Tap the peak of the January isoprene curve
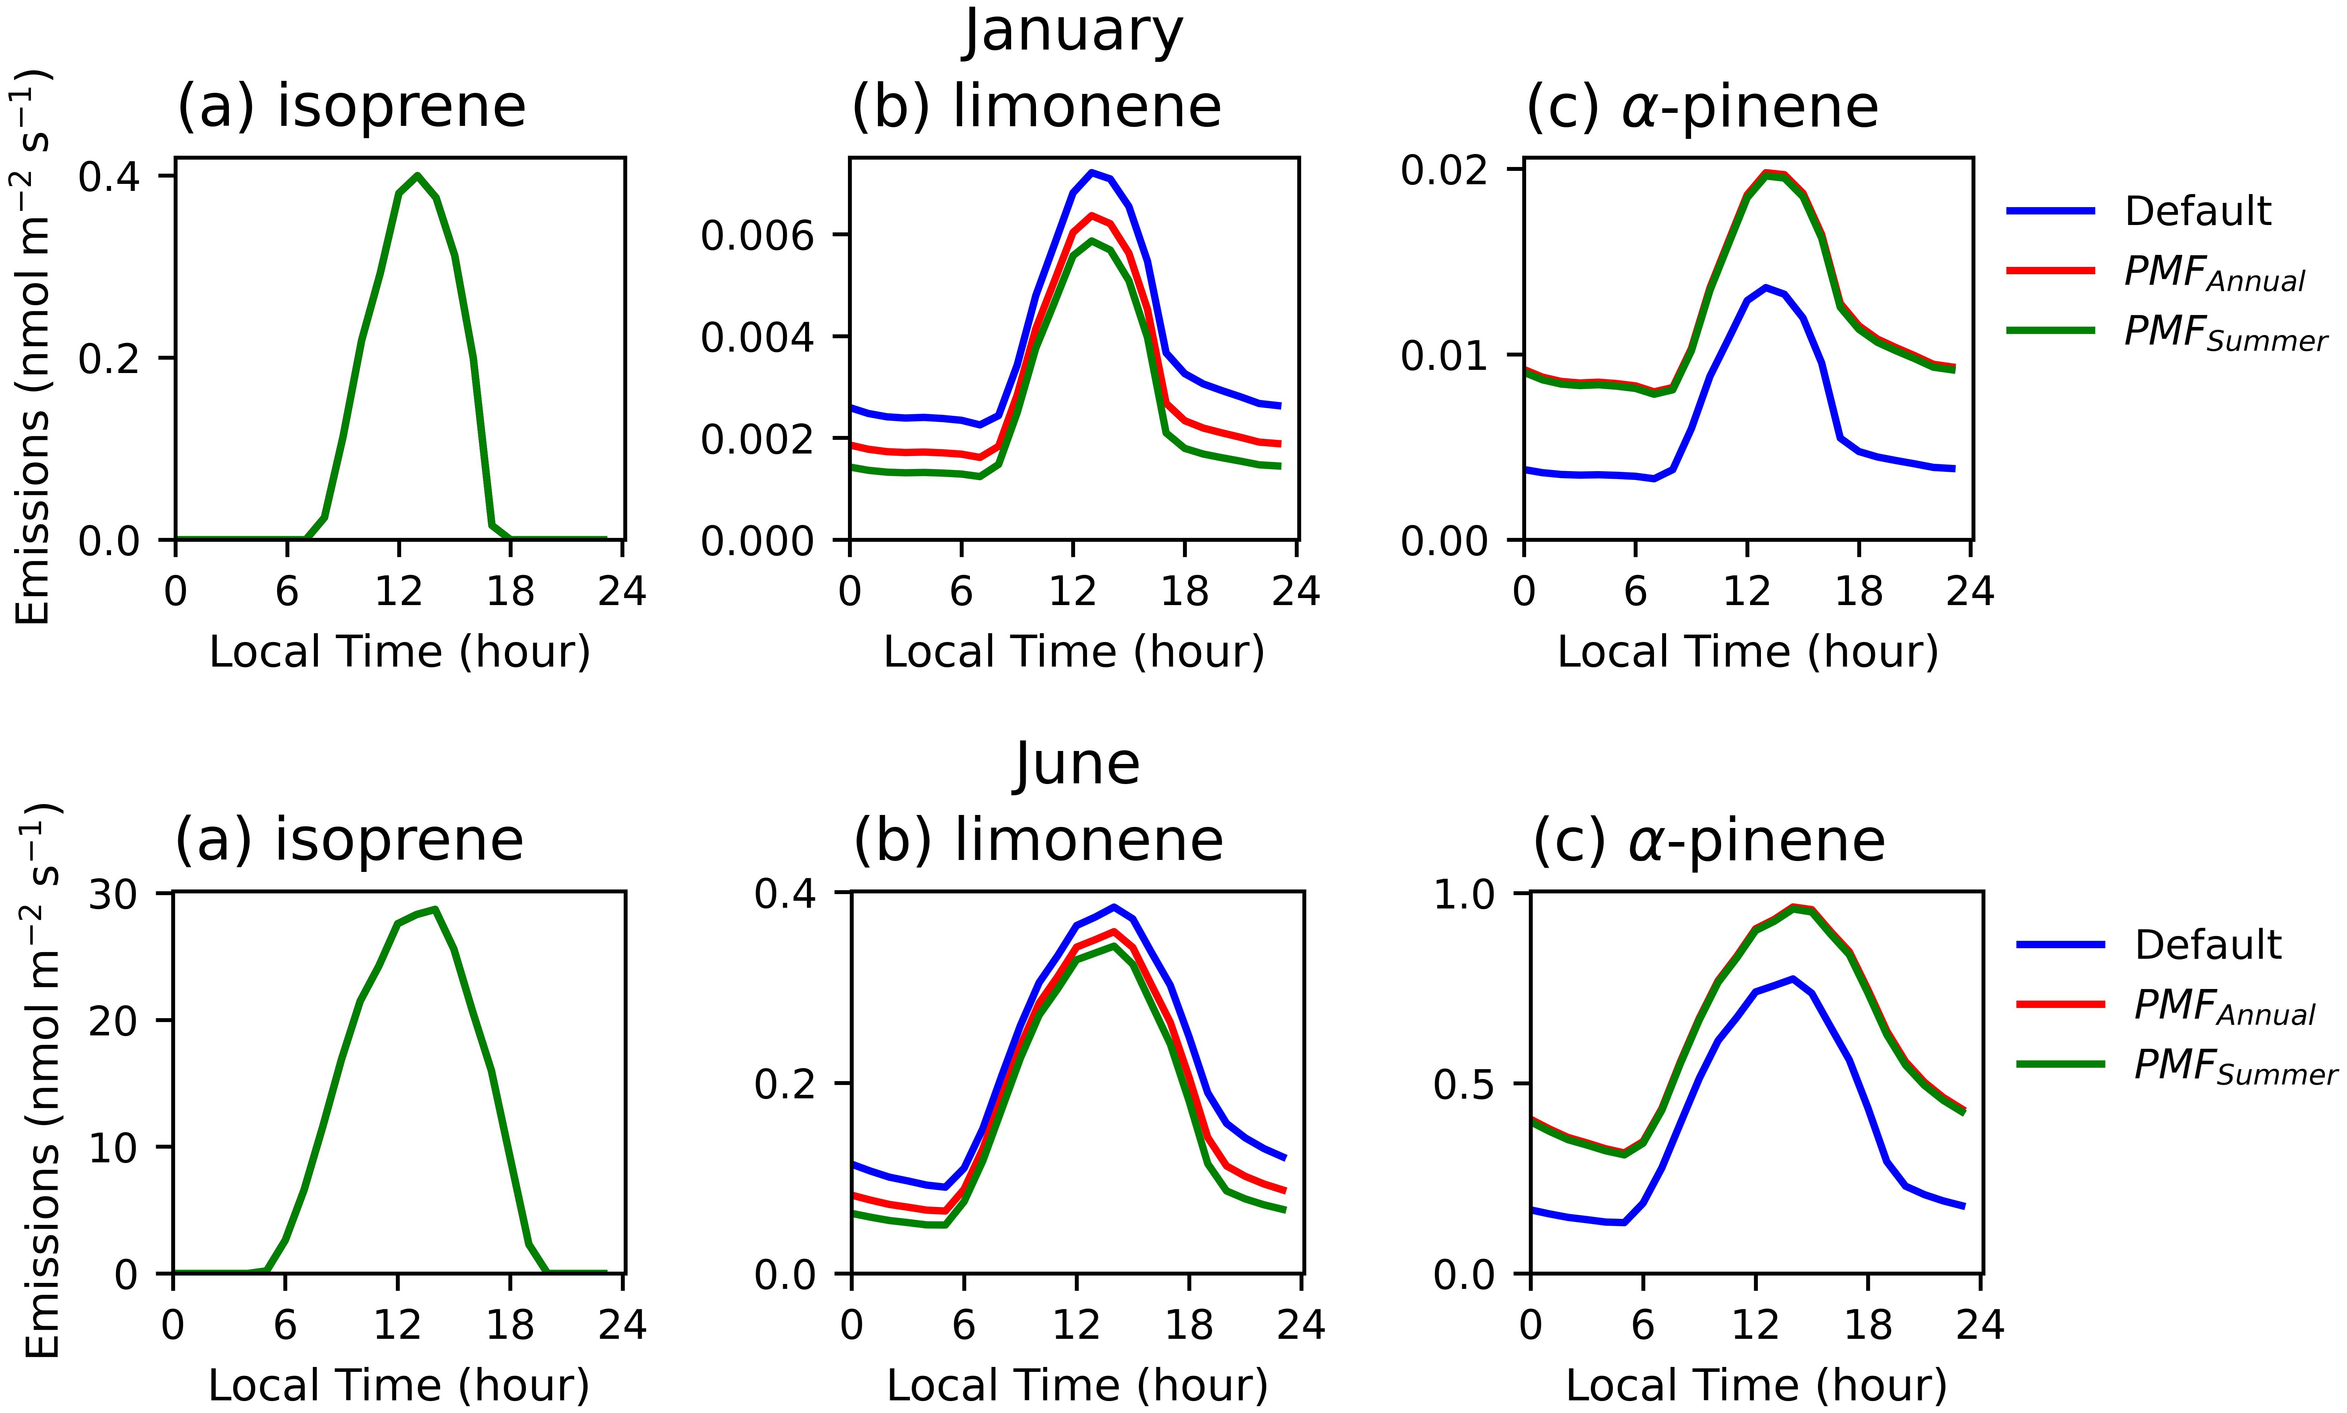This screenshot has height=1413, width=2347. (417, 175)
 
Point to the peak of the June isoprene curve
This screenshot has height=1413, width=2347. (435, 909)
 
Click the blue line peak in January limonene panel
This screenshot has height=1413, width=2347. (1092, 172)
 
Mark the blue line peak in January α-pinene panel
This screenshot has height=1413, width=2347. (1766, 287)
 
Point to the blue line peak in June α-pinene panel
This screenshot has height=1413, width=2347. (1793, 979)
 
